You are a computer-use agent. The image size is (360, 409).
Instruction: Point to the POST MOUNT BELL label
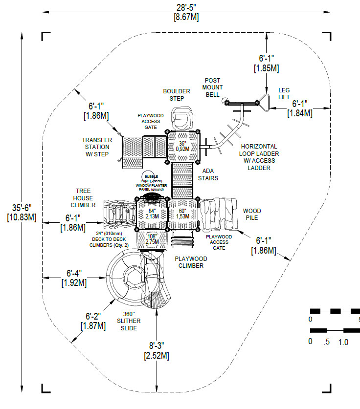point(212,87)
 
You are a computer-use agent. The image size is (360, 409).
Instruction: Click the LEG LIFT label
point(284,94)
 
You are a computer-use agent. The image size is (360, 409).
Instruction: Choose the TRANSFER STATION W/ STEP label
point(97,148)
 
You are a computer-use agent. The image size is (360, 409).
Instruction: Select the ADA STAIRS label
point(208,174)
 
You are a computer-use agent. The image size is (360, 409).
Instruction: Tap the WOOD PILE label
point(252,215)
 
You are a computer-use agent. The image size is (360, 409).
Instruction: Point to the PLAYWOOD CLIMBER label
point(188,262)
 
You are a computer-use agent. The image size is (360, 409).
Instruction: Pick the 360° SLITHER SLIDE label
point(129,321)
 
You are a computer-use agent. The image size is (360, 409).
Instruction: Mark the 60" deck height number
point(183,212)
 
